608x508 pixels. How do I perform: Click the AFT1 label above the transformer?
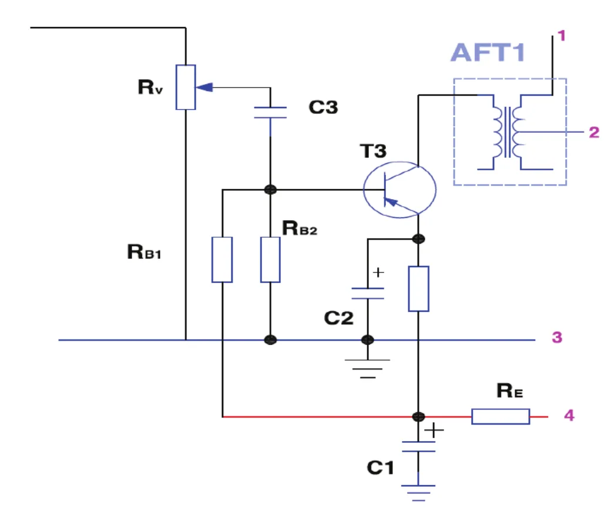click(x=488, y=52)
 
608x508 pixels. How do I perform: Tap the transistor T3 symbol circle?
click(x=364, y=190)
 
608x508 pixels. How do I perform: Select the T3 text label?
click(x=373, y=150)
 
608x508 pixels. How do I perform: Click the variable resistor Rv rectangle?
click(x=186, y=88)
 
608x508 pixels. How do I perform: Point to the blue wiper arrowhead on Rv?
click(x=204, y=88)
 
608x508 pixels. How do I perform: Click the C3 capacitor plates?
click(x=270, y=112)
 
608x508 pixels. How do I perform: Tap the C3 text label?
click(x=323, y=107)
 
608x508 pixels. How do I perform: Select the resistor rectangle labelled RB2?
click(x=270, y=260)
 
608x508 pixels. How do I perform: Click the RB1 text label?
click(x=144, y=252)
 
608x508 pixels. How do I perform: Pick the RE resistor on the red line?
click(x=500, y=416)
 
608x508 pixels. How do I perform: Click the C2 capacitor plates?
click(x=368, y=294)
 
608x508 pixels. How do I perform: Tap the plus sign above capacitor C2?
click(x=378, y=272)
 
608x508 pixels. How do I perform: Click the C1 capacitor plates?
click(x=418, y=446)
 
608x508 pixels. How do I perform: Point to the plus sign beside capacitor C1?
click(x=434, y=430)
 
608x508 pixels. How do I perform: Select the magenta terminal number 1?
click(x=562, y=36)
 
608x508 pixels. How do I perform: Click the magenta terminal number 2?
click(x=594, y=132)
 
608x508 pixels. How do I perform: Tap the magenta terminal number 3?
click(x=557, y=337)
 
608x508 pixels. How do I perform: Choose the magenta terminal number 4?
click(x=569, y=415)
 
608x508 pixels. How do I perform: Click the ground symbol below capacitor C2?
click(x=367, y=368)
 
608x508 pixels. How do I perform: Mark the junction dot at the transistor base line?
click(x=270, y=190)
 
